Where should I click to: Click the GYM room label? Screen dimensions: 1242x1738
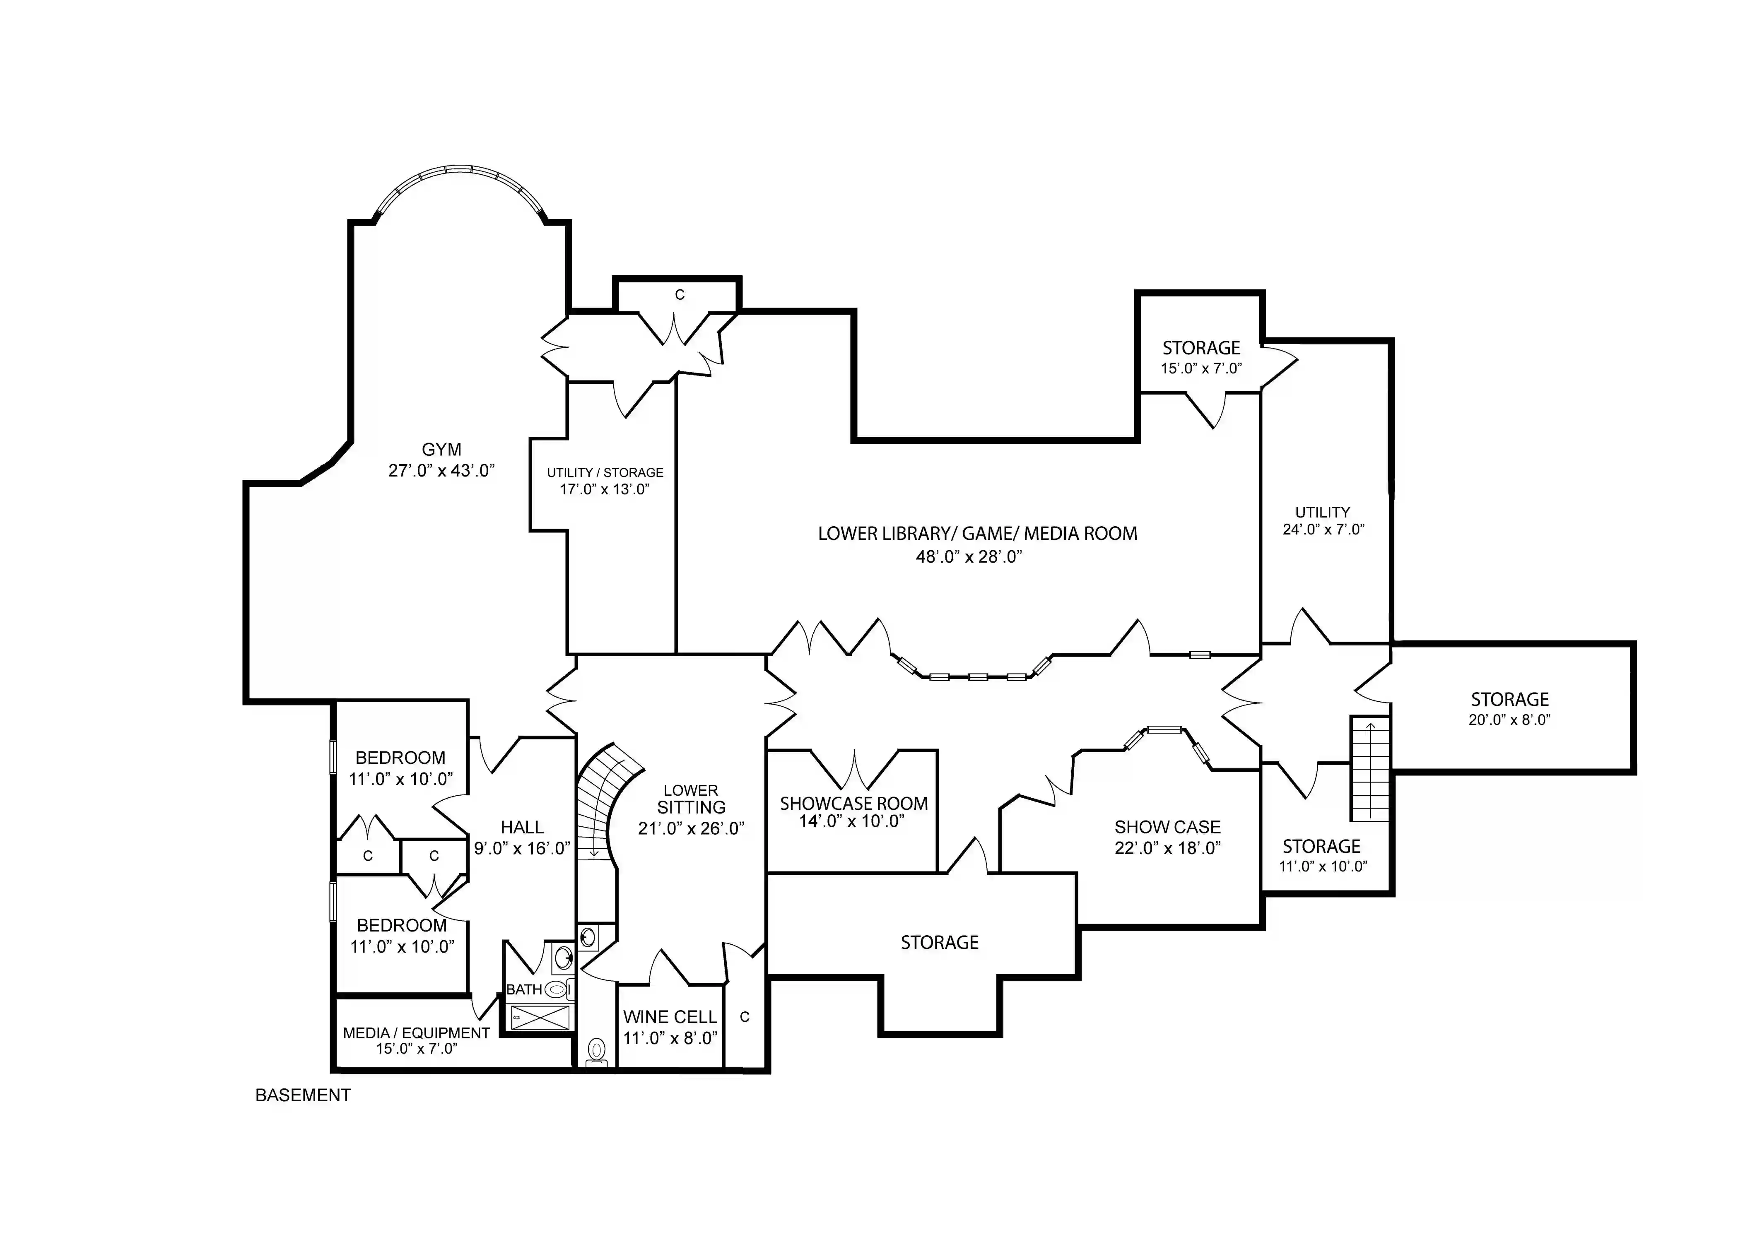[441, 450]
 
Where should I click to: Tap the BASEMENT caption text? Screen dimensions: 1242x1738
[303, 1095]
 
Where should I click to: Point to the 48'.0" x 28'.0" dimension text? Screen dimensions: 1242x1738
[969, 557]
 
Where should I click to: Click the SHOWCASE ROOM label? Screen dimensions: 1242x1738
[854, 804]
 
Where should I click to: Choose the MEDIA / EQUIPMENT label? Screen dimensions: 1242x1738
[416, 1033]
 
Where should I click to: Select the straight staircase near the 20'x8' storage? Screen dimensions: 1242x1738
[1369, 769]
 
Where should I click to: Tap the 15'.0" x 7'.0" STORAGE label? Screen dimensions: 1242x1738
[1201, 349]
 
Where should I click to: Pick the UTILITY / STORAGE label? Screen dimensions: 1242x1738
[604, 473]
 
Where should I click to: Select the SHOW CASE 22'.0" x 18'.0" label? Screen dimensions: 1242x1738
[1167, 828]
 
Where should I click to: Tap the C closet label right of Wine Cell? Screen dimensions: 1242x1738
[744, 1017]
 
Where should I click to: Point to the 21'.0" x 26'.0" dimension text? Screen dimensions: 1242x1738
[691, 828]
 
